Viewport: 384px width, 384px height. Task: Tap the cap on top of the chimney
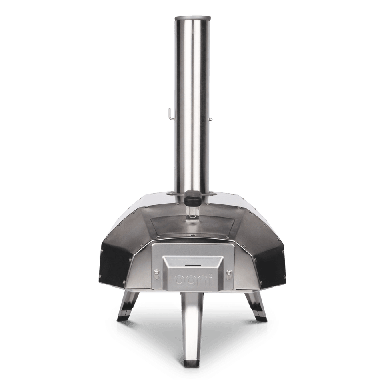click(x=192, y=18)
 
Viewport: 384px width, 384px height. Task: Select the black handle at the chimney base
click(x=193, y=196)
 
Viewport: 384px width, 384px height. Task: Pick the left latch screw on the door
click(x=156, y=274)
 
